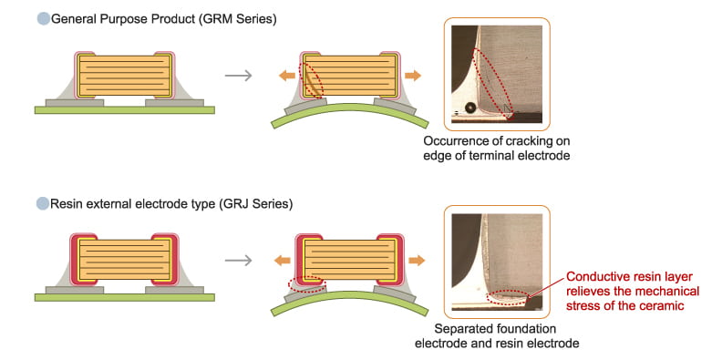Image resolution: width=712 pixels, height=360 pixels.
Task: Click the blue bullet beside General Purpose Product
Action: point(43,19)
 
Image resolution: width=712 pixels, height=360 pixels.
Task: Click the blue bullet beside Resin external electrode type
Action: point(43,204)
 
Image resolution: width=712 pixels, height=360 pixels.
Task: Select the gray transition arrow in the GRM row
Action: point(238,75)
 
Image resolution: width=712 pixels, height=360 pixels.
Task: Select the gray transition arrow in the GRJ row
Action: point(238,260)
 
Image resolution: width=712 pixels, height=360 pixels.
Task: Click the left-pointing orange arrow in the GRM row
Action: point(287,76)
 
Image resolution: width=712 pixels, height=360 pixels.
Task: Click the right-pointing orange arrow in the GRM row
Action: point(413,76)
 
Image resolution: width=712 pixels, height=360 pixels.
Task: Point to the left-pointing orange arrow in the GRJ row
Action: point(283,261)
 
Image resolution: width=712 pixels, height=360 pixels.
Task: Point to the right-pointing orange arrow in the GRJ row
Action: point(417,261)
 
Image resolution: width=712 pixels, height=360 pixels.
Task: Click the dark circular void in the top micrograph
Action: point(470,108)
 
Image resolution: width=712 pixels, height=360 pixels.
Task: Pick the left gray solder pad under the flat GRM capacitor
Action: point(75,103)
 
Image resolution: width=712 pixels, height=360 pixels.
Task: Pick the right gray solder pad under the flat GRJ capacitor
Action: point(174,290)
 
